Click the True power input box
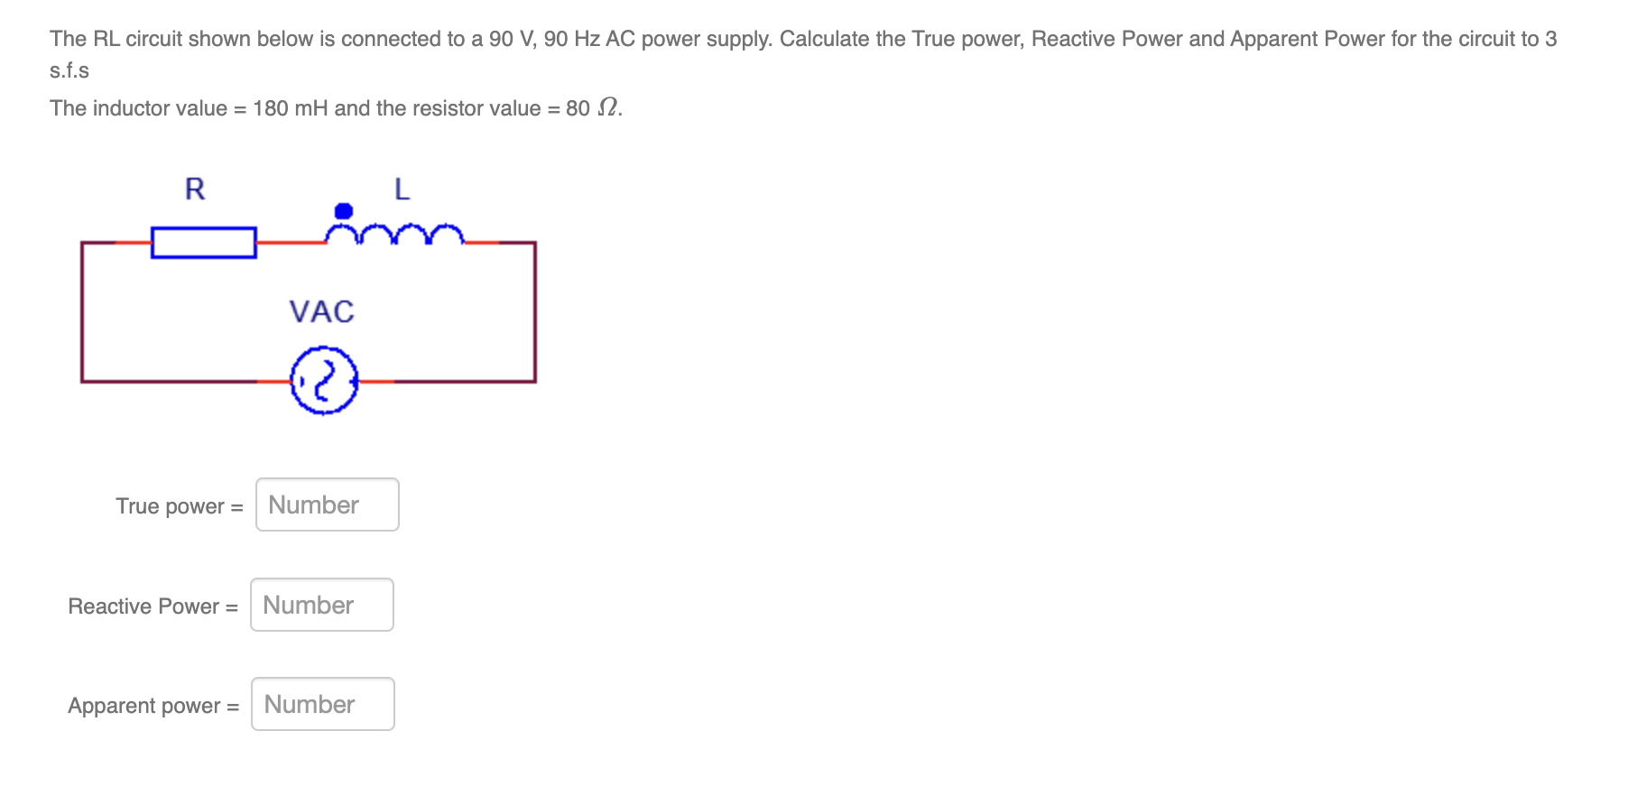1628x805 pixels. [327, 504]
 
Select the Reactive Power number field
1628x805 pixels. [321, 605]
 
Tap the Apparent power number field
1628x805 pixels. [322, 704]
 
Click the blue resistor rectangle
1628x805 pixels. [204, 243]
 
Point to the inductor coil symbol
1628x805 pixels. [394, 235]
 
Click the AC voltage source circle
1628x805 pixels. [324, 381]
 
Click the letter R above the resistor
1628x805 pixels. [195, 190]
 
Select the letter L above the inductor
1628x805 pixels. [402, 190]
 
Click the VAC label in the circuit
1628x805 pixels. [321, 312]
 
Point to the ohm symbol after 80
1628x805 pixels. [609, 108]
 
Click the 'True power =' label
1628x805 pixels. [179, 506]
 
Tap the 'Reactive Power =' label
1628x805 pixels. [153, 606]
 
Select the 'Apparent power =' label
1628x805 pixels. [153, 706]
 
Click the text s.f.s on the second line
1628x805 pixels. [69, 70]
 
